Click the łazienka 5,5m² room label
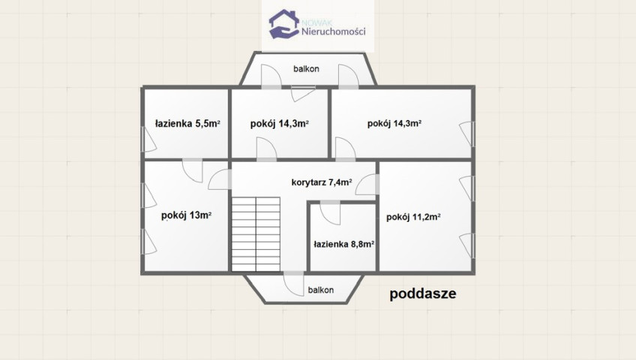[x=187, y=123]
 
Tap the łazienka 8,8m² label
[x=344, y=244]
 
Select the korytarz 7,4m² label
[x=322, y=182]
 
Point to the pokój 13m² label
[x=186, y=215]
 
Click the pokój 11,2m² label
[x=414, y=217]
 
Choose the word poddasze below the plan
[x=423, y=293]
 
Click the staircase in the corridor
[x=256, y=234]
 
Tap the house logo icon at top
[x=284, y=24]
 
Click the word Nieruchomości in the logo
[x=334, y=31]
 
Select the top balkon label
[x=306, y=69]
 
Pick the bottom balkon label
[x=321, y=289]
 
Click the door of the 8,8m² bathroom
[x=330, y=212]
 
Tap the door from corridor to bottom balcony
[x=294, y=283]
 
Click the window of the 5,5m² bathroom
[x=148, y=139]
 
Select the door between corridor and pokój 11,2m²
[x=367, y=184]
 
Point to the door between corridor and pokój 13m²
[x=220, y=179]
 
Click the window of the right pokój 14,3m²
[x=467, y=133]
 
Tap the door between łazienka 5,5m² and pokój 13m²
[x=192, y=170]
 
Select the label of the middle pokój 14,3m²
[x=280, y=124]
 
